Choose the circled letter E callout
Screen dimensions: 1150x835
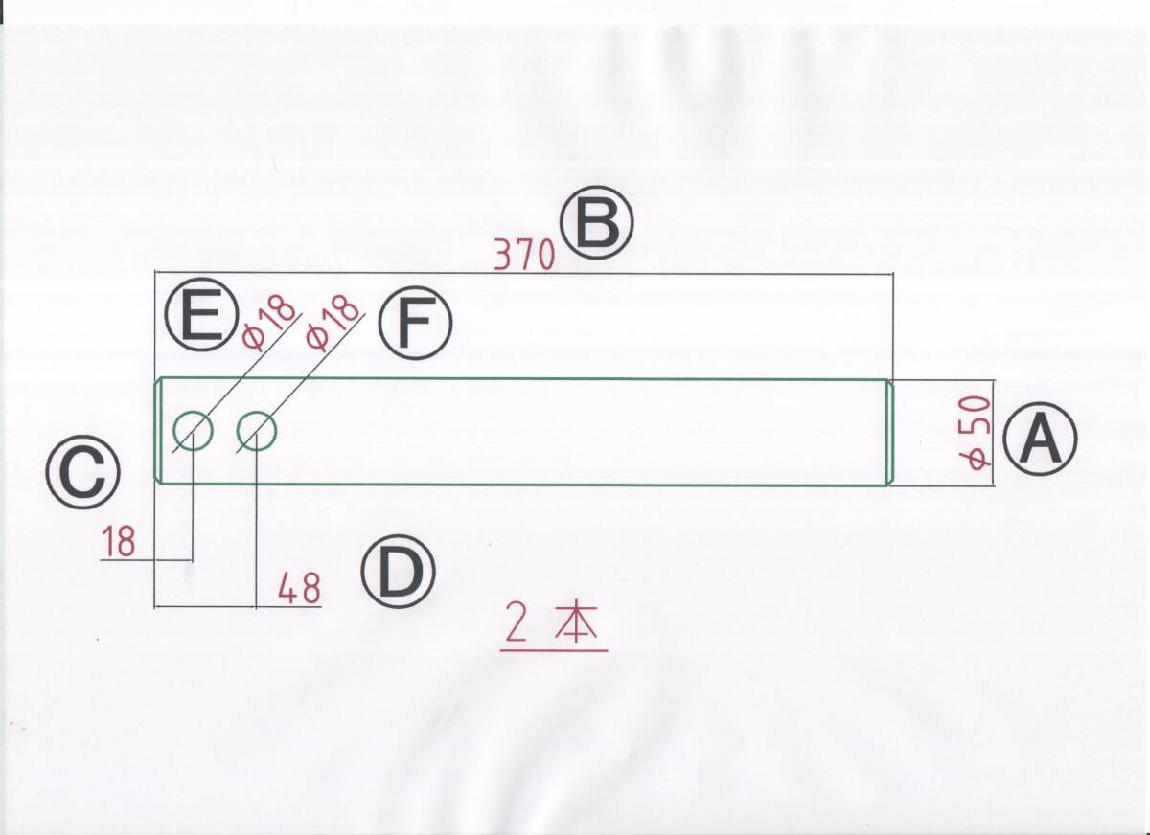(x=200, y=319)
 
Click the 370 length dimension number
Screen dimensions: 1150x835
(x=524, y=256)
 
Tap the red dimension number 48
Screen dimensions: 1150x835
(x=299, y=588)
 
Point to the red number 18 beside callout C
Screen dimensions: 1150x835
(x=120, y=543)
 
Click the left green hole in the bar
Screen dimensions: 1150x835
(x=193, y=431)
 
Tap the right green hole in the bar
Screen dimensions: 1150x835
(x=257, y=431)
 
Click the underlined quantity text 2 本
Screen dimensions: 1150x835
(x=553, y=627)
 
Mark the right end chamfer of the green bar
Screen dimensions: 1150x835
(x=888, y=433)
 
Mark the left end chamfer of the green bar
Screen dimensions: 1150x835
(x=160, y=431)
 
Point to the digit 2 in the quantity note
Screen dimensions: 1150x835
(x=517, y=627)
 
